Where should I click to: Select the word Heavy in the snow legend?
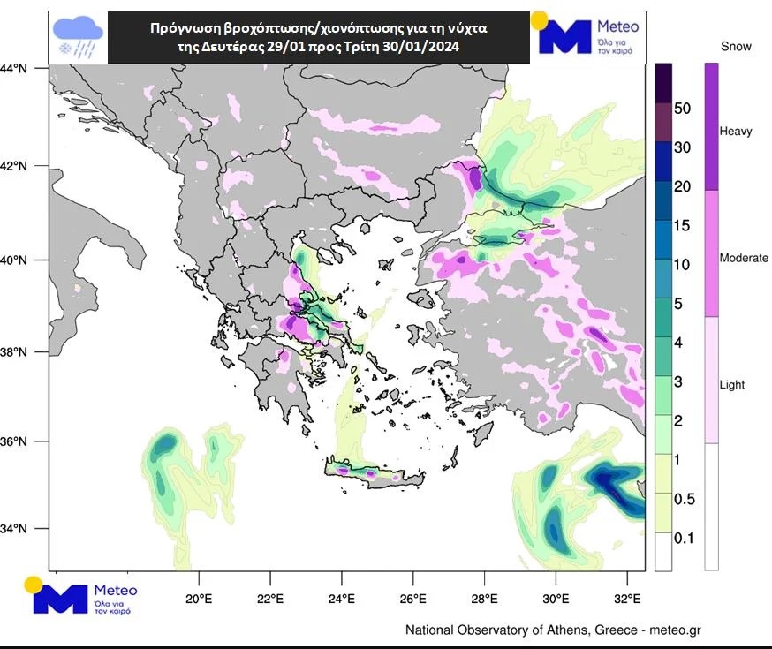[x=736, y=132]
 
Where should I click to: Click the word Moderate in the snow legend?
[x=744, y=258]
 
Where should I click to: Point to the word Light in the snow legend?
[x=732, y=385]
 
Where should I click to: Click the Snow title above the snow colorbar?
[x=736, y=45]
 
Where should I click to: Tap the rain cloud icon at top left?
[x=79, y=38]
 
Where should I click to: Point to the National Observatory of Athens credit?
[x=553, y=630]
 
